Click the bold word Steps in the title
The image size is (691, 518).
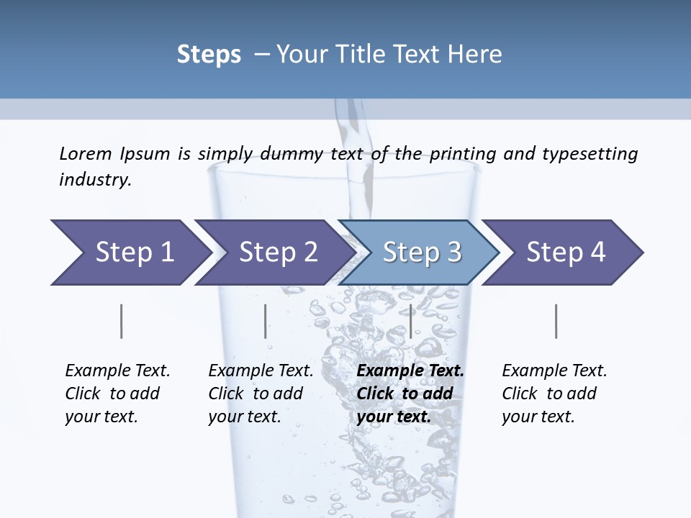pyautogui.click(x=209, y=55)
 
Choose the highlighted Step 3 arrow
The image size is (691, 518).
pyautogui.click(x=422, y=253)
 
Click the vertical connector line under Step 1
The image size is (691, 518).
pyautogui.click(x=122, y=321)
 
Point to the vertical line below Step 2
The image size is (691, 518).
pyautogui.click(x=266, y=321)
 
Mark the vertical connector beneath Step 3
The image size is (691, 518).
pyautogui.click(x=410, y=321)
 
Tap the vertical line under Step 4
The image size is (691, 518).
pyautogui.click(x=556, y=321)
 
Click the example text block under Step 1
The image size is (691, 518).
pyautogui.click(x=117, y=394)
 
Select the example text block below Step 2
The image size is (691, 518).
pyautogui.click(x=261, y=394)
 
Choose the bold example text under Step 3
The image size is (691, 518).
pyautogui.click(x=410, y=394)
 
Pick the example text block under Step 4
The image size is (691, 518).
pyautogui.click(x=554, y=394)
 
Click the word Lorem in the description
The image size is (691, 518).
pyautogui.click(x=86, y=153)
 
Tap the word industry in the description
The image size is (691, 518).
pyautogui.click(x=95, y=180)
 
